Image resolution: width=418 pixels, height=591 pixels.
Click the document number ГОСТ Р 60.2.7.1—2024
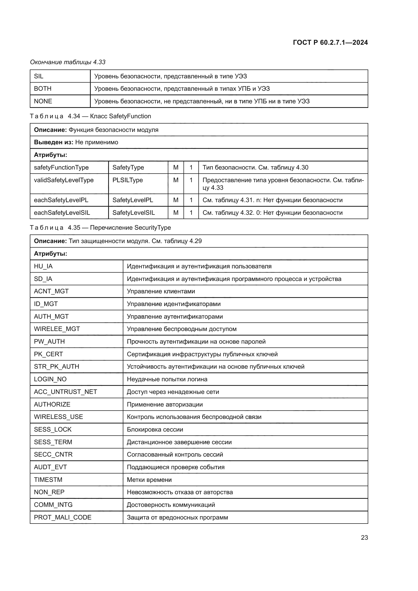[330, 42]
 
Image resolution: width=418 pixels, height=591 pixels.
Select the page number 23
[364, 537]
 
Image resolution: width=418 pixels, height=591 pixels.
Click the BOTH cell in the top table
[43, 88]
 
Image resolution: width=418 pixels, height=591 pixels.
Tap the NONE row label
[43, 101]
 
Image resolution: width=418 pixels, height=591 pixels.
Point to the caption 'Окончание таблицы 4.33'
[68, 62]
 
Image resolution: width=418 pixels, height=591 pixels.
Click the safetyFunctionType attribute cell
[61, 168]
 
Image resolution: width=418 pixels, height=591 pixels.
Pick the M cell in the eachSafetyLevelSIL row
[176, 212]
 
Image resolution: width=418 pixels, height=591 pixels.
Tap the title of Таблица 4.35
[100, 228]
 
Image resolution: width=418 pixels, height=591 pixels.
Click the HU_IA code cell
[43, 266]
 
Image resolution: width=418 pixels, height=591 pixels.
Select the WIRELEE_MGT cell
[57, 329]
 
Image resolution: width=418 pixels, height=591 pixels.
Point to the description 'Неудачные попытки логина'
[167, 379]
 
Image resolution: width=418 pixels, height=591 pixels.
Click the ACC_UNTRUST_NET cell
[65, 392]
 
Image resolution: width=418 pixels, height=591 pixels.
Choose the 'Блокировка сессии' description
[155, 429]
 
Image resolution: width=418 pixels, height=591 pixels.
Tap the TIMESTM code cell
[48, 480]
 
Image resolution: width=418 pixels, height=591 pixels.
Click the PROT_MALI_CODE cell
[62, 517]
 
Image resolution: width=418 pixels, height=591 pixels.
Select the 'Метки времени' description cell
[149, 480]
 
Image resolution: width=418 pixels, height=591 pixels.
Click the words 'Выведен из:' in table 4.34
[54, 142]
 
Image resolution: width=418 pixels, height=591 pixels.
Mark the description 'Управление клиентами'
[161, 291]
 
